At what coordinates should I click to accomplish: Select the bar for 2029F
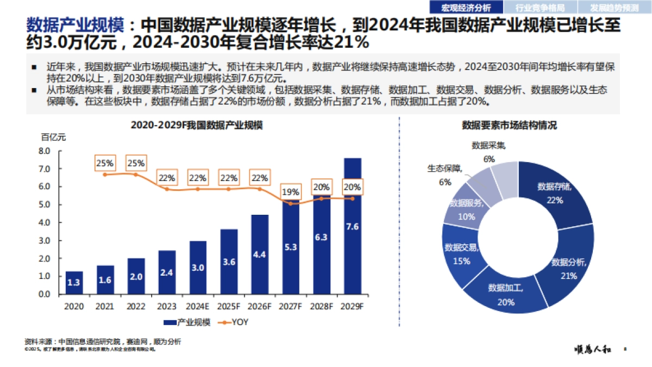pos(352,226)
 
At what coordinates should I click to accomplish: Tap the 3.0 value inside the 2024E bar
pos(198,267)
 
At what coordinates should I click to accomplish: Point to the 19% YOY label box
pos(290,191)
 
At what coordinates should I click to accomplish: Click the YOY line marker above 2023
pos(167,189)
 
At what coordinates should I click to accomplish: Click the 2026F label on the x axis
pos(259,307)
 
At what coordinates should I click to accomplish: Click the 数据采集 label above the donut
pos(488,145)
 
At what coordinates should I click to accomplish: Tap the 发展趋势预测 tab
pos(615,8)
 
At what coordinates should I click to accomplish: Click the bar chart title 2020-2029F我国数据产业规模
pos(197,125)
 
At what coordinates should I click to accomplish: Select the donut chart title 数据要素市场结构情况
pos(509,125)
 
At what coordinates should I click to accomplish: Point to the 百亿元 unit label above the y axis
pos(53,138)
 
